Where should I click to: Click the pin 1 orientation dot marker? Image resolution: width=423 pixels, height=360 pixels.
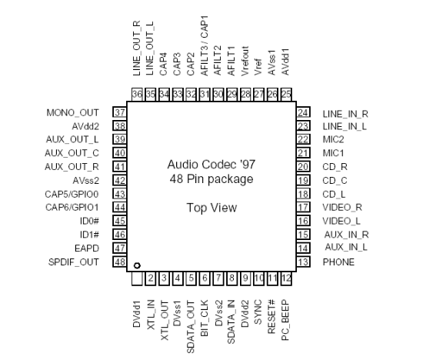point(137,265)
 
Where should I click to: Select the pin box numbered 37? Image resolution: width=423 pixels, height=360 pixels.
point(119,112)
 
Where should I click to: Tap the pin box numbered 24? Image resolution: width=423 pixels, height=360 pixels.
point(303,112)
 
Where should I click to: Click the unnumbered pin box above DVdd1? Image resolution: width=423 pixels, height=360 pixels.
point(137,278)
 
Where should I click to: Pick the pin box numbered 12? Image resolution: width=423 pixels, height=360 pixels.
point(286,278)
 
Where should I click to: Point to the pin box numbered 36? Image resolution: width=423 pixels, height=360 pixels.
point(137,94)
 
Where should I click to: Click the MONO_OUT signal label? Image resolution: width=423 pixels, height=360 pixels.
point(72,113)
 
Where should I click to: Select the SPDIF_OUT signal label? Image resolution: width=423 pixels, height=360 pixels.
point(73,262)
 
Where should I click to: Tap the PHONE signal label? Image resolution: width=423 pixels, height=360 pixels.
point(338,262)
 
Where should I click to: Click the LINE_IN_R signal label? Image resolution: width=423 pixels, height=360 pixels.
point(345,114)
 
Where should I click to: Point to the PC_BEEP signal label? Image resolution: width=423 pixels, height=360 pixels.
point(285,320)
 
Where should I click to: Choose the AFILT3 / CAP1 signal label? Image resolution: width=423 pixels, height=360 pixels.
point(205,45)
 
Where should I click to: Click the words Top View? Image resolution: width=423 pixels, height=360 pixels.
point(211,208)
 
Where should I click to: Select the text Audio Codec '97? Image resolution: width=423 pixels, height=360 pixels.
point(211,165)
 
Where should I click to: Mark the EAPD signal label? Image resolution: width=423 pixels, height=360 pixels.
point(87,248)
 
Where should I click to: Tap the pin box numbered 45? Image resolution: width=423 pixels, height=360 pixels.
point(119,221)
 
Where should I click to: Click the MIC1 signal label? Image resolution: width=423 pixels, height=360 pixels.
point(334,153)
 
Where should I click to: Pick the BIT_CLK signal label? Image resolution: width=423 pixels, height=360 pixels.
point(205,318)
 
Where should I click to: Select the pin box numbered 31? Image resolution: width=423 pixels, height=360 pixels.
point(205,94)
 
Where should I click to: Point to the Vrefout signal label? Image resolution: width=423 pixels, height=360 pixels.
point(245,61)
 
